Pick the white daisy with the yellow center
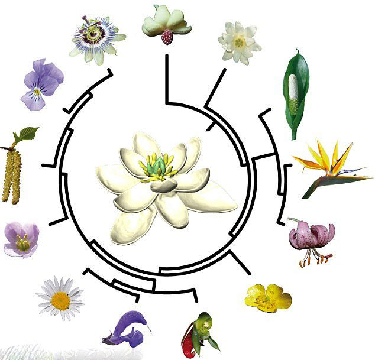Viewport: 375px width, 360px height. [60, 296]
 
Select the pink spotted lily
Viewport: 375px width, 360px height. [310, 236]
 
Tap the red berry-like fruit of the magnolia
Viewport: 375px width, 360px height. [167, 37]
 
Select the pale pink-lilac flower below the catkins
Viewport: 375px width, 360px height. [21, 239]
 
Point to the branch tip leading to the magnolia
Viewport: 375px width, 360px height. [167, 57]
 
